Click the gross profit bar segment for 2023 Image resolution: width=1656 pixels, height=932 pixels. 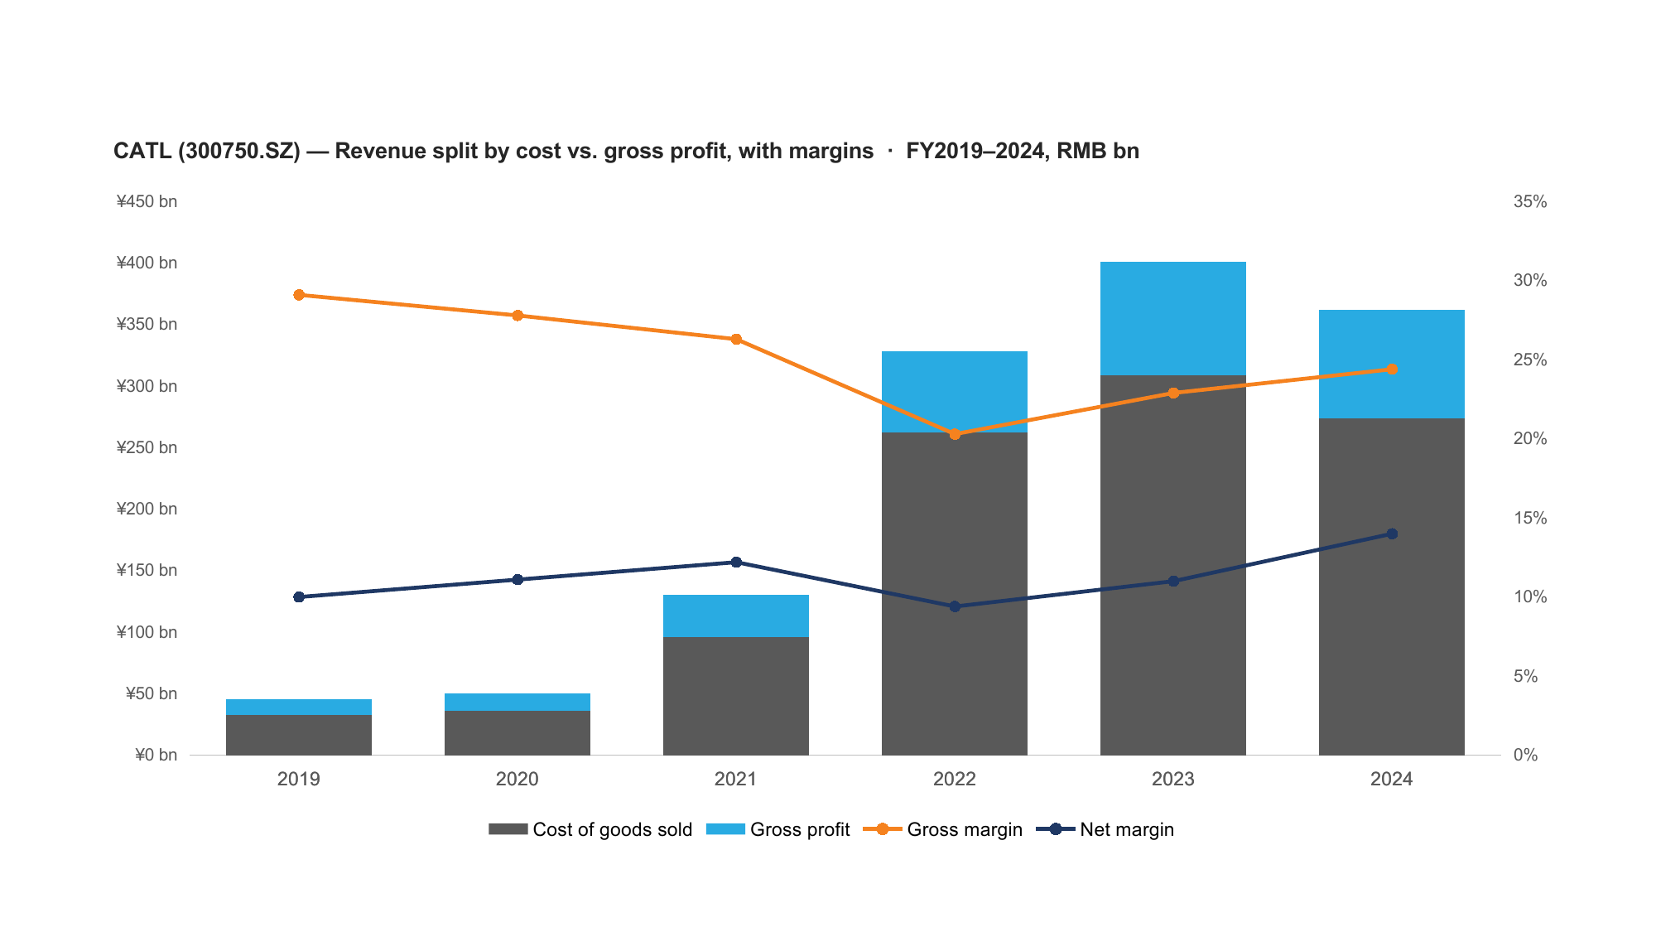(x=1172, y=319)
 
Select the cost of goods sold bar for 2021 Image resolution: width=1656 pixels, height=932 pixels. (x=736, y=696)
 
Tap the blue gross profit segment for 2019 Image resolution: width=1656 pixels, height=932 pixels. (x=299, y=707)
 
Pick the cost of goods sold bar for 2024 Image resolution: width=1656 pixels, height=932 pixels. (x=1391, y=587)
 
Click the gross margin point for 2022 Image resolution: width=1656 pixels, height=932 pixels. (x=955, y=434)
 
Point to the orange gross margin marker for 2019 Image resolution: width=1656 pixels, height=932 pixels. (x=299, y=295)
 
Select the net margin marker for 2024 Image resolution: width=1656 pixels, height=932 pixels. (x=1392, y=534)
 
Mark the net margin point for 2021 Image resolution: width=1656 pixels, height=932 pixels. (x=736, y=563)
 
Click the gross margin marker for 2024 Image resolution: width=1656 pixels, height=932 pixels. (x=1392, y=369)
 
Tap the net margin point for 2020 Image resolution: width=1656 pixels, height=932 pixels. (x=517, y=579)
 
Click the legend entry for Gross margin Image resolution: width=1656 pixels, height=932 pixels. (x=943, y=829)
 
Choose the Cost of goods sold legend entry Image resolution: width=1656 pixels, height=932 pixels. (x=590, y=829)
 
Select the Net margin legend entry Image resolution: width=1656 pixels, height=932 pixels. (x=1105, y=829)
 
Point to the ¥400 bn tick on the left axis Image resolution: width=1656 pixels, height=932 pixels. (x=147, y=263)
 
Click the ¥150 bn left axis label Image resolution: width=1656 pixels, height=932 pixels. (x=147, y=570)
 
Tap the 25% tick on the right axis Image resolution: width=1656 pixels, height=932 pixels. (x=1530, y=360)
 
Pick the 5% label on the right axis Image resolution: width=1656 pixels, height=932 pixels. (x=1525, y=676)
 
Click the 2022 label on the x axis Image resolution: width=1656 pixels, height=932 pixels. (x=955, y=779)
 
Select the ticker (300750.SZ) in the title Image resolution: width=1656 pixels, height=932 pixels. (x=238, y=151)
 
